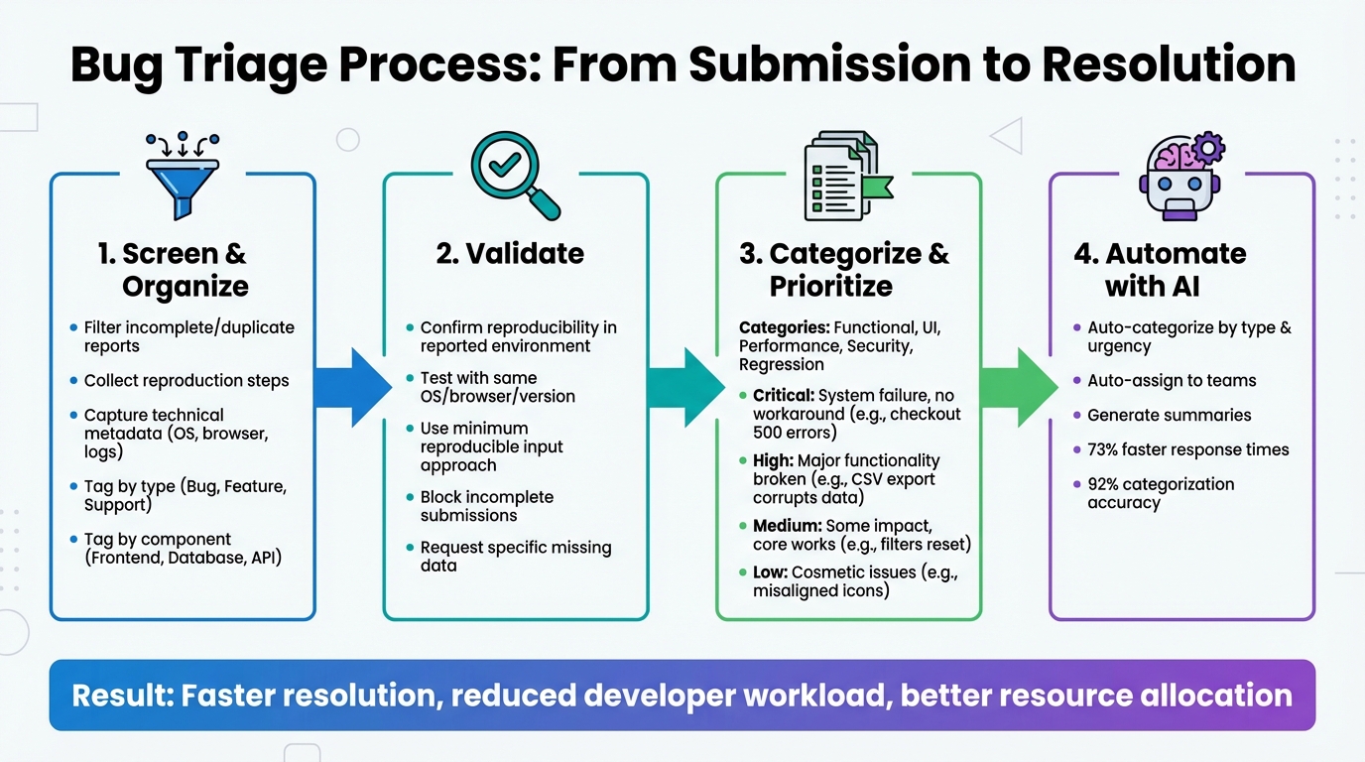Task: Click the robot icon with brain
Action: [x=1181, y=176]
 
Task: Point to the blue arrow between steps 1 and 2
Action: [x=353, y=387]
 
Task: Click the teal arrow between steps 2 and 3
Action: [x=685, y=387]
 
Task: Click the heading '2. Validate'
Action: [x=510, y=254]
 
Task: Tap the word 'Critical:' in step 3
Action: [x=783, y=396]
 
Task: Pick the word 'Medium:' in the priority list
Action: [x=784, y=526]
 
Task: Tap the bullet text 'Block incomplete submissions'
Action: [x=486, y=506]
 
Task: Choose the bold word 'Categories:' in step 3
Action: [x=784, y=327]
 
